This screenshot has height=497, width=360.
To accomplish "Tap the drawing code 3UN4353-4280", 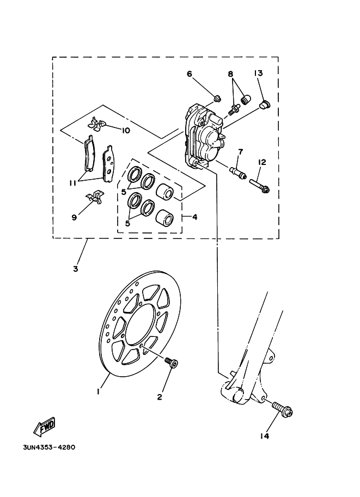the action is click(x=49, y=447).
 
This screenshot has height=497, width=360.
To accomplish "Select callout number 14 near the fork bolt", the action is click(x=265, y=436).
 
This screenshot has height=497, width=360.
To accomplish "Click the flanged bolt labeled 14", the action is click(x=282, y=409).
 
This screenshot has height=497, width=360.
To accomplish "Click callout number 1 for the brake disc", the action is click(x=99, y=392).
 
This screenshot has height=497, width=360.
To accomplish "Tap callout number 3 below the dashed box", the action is click(x=76, y=269).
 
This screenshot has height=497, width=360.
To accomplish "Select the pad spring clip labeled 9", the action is click(x=95, y=196).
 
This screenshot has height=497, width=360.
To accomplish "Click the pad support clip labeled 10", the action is click(x=97, y=123).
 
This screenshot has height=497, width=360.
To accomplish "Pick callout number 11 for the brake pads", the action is click(x=74, y=183).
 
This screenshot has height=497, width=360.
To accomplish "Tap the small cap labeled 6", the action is click(x=217, y=99).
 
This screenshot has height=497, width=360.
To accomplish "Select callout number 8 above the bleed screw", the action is click(x=230, y=74).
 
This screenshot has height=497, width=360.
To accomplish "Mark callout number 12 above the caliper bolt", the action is click(x=262, y=163).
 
